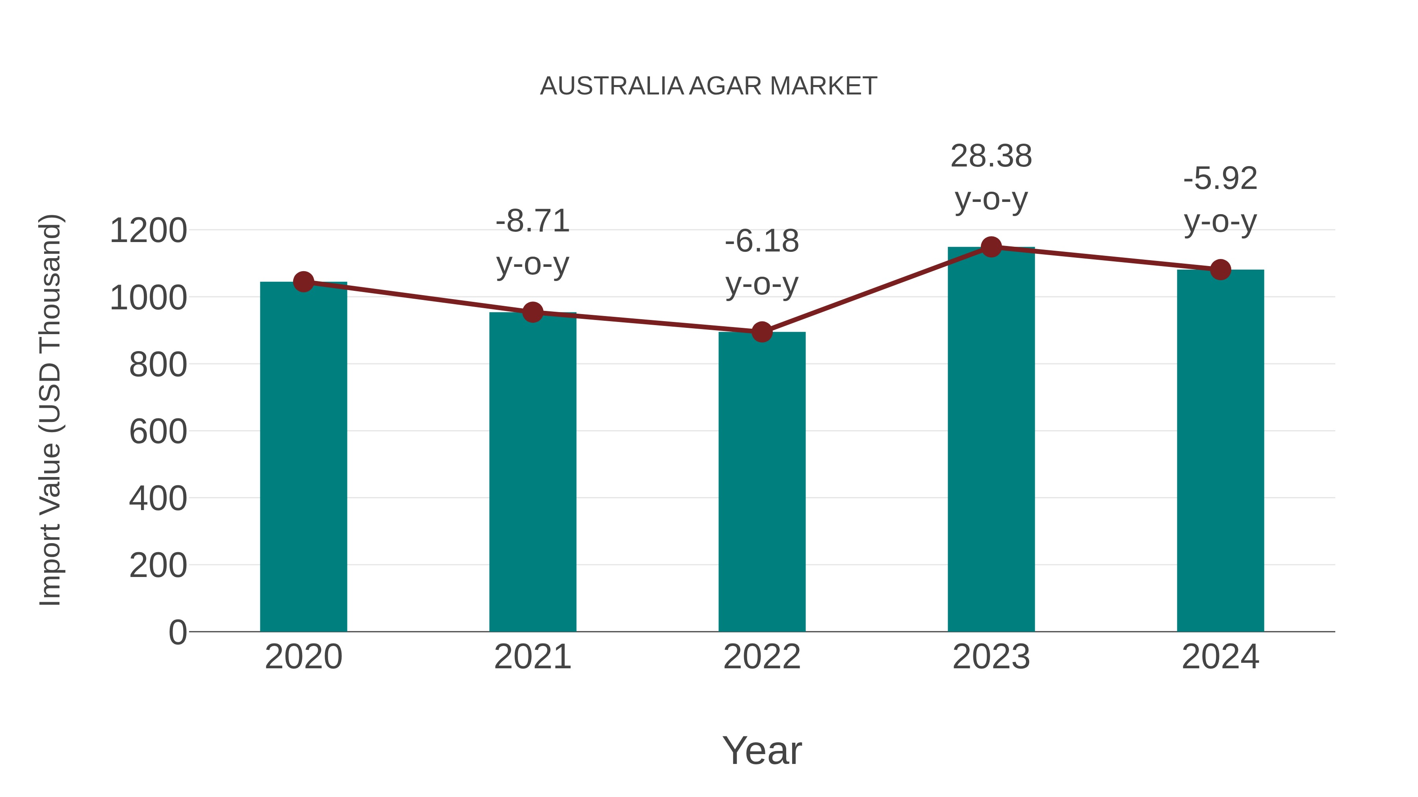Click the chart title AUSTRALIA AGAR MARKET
click(709, 86)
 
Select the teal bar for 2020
click(303, 457)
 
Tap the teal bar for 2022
click(762, 481)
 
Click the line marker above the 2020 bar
click(303, 282)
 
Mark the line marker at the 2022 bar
click(762, 332)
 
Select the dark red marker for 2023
click(991, 247)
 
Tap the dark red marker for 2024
click(1220, 270)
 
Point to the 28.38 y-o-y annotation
click(991, 177)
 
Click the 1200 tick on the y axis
click(148, 231)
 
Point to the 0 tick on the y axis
click(178, 632)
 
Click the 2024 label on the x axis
click(1220, 657)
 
